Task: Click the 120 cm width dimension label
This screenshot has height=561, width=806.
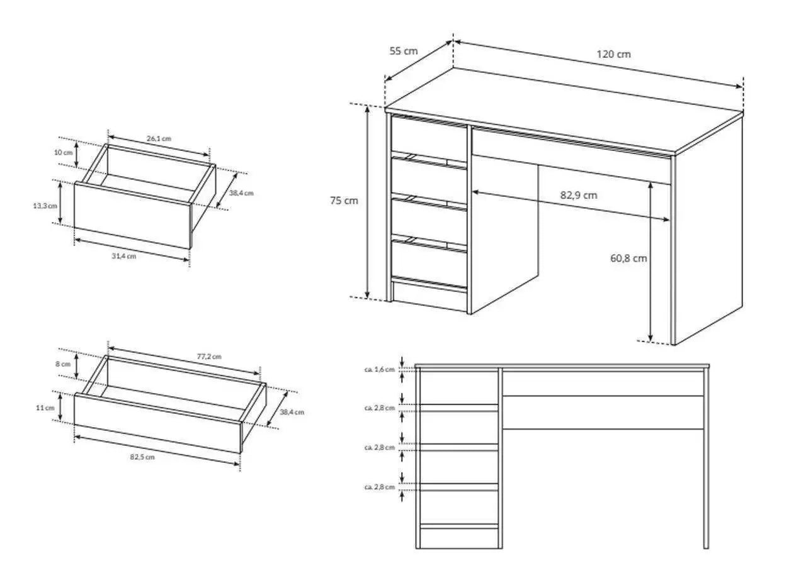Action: pos(613,54)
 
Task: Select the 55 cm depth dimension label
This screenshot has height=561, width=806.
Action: pos(404,51)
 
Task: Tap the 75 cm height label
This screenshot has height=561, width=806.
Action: pos(344,201)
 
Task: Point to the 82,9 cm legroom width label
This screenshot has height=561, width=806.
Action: pos(579,195)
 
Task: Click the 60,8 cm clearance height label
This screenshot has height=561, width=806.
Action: pos(628,258)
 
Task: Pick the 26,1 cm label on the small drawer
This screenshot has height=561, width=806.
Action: pos(159,138)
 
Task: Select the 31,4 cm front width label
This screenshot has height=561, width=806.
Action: pos(124,256)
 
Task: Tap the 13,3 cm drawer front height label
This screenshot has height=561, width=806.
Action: pos(45,206)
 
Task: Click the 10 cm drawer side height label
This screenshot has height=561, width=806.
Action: pos(64,152)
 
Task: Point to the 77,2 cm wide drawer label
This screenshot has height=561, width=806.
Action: pos(209,357)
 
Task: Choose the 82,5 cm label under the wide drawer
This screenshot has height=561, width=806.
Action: pos(142,457)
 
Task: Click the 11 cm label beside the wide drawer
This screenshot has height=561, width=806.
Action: pos(45,408)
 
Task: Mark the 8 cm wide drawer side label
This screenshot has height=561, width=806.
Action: pos(63,364)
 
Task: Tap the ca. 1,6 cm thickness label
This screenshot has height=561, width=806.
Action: pos(380,369)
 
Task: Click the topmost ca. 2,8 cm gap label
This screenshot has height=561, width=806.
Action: pos(380,408)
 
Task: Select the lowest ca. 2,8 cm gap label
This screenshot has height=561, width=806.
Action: pos(380,487)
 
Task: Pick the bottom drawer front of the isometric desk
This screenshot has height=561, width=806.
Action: pos(429,264)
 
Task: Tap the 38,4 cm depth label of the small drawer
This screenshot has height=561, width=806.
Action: pos(241,193)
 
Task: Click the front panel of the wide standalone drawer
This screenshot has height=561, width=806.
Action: pos(157,423)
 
